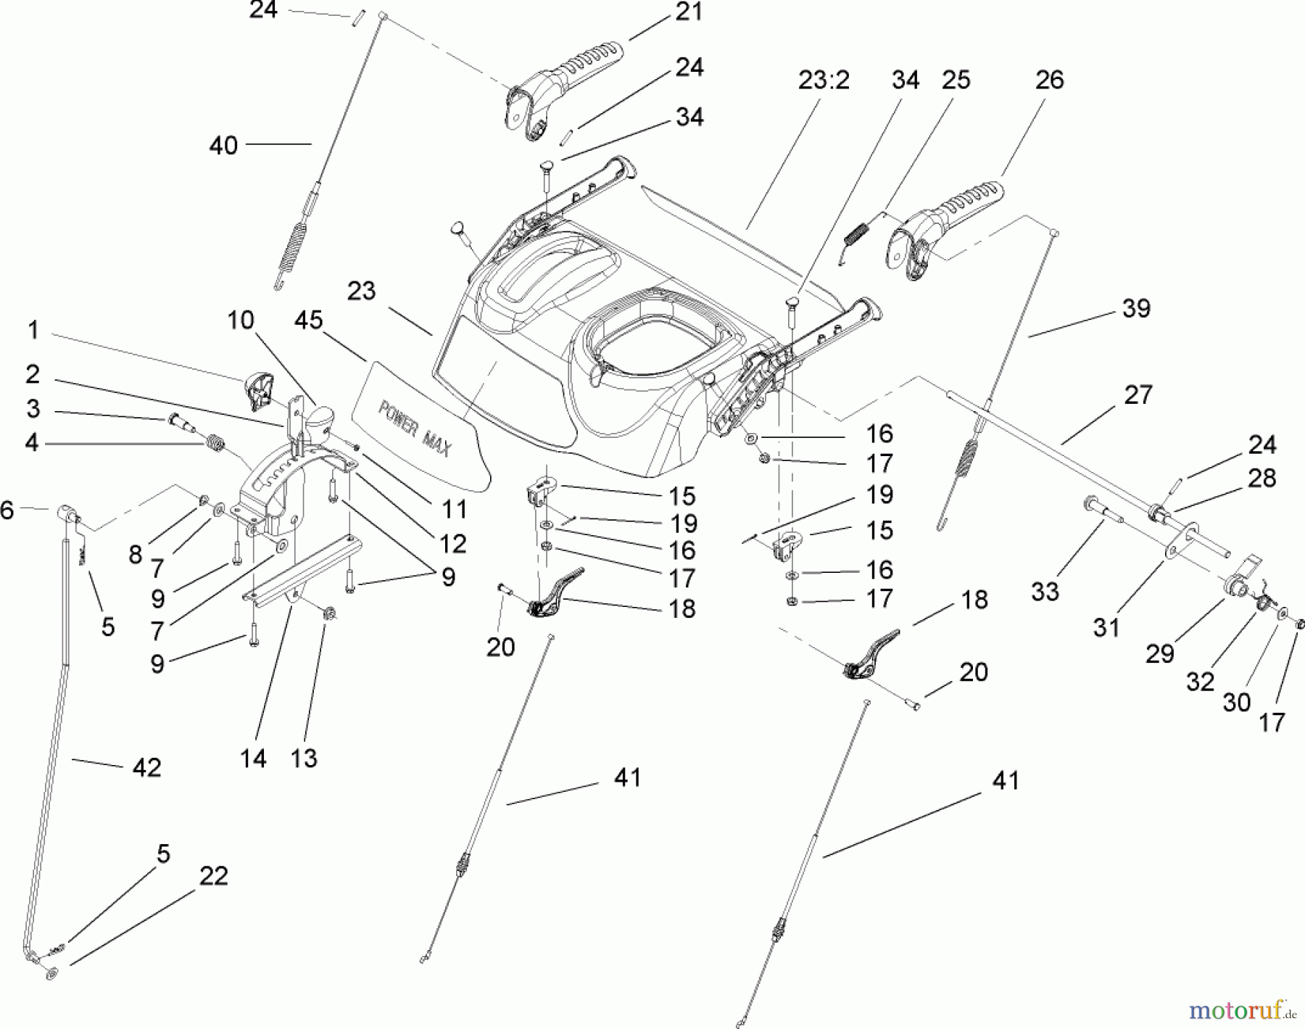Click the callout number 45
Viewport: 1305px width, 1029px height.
[309, 320]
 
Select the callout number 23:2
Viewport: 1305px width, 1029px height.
[824, 80]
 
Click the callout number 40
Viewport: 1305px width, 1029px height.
[223, 145]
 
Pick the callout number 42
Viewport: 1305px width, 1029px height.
[146, 766]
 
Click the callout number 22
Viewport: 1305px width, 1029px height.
[213, 875]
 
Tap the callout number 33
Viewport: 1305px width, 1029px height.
[1045, 591]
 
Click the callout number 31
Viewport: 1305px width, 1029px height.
[1106, 627]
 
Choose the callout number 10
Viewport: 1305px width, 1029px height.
[241, 320]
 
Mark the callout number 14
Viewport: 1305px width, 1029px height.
[254, 759]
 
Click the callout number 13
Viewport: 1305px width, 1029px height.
[304, 759]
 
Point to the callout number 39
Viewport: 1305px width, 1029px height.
[1136, 308]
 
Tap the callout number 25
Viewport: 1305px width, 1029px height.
[956, 80]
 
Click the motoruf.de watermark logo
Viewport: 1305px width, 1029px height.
[1242, 1009]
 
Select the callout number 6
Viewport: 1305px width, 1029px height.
[7, 511]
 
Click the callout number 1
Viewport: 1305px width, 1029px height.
[33, 331]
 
